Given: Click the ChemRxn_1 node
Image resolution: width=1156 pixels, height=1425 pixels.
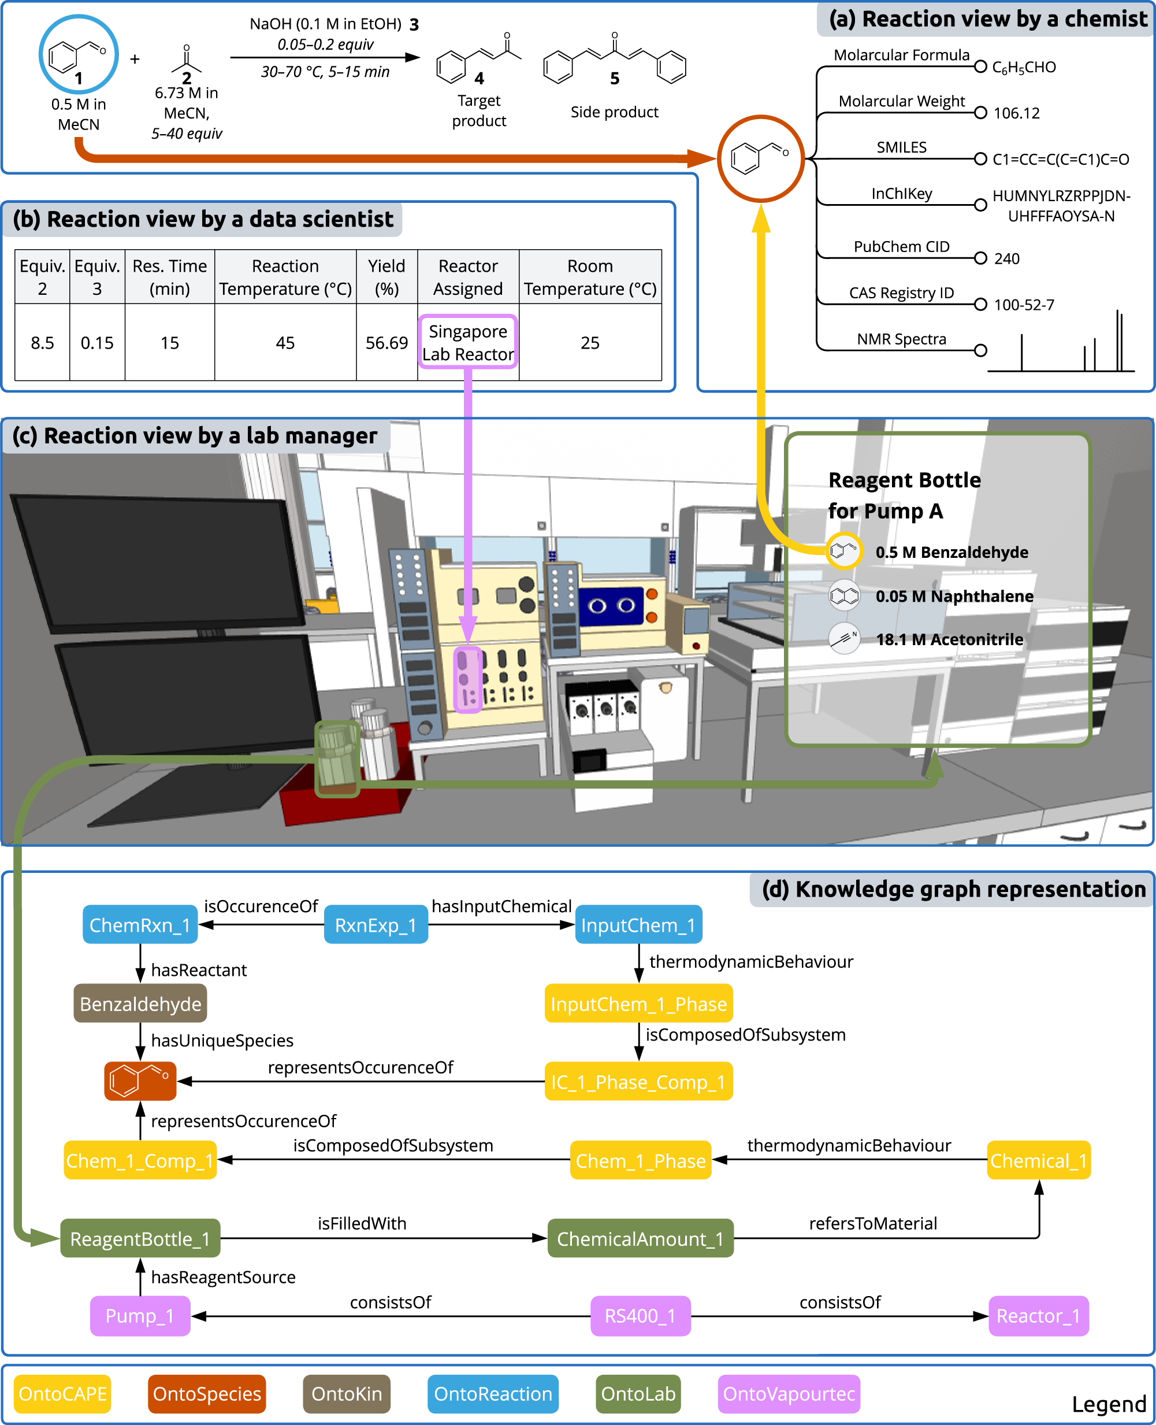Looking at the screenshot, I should click(x=140, y=925).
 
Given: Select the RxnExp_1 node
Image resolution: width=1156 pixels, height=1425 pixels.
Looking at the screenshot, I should click(x=376, y=925).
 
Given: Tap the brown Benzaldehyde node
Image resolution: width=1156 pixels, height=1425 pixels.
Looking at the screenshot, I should click(x=140, y=1004).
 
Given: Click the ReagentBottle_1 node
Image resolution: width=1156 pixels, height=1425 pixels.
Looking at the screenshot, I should click(x=140, y=1238).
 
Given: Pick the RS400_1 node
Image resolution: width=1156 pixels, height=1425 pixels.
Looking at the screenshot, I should click(x=640, y=1316).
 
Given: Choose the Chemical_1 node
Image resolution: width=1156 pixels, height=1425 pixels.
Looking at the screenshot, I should click(x=1038, y=1160).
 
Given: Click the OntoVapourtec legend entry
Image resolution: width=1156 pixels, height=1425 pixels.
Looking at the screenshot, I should click(x=789, y=1394).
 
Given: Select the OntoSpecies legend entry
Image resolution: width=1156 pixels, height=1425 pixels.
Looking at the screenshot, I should click(x=206, y=1394).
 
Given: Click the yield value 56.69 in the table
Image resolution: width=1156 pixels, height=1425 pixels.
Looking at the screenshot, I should click(x=386, y=342).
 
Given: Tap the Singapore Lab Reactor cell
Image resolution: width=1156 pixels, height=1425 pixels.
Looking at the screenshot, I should click(x=468, y=342).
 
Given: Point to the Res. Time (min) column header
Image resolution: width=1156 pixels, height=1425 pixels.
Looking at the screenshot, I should click(x=169, y=276).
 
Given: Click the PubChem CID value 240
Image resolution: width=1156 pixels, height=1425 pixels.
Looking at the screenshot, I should click(x=1006, y=258).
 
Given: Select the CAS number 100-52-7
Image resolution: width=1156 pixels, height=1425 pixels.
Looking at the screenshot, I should click(x=1024, y=305).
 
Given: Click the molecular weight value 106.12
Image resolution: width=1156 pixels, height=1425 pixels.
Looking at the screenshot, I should click(x=1016, y=113).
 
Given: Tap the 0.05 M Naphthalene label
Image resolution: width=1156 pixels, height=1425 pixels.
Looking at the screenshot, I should click(x=954, y=596).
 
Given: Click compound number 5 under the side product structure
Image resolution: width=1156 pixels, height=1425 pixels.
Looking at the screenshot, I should click(x=615, y=79).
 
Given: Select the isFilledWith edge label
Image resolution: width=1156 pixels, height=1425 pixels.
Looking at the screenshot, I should click(x=362, y=1223).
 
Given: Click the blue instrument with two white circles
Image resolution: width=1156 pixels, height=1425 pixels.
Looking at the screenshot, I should click(x=611, y=606).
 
